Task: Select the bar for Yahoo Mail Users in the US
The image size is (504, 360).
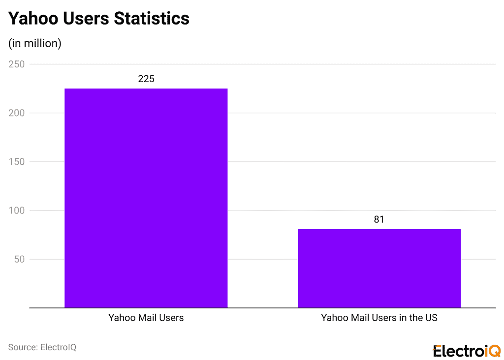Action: point(379,268)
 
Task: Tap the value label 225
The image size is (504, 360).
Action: point(146,79)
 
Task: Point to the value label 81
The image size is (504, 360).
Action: point(378,219)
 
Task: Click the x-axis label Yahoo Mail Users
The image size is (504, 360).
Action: point(146,318)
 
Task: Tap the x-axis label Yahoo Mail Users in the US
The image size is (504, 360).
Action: point(379,318)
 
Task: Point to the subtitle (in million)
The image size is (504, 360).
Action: point(34,43)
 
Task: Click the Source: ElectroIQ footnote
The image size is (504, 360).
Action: point(42,347)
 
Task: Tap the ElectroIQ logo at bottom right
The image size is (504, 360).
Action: point(467,351)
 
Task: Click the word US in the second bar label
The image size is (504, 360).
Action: point(431,318)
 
